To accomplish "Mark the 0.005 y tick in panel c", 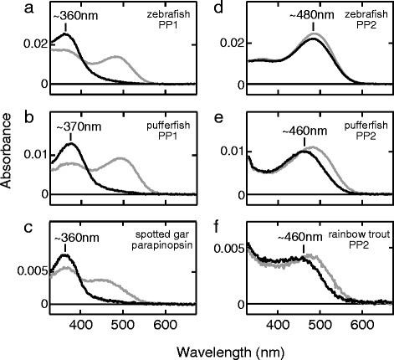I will [34, 271].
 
